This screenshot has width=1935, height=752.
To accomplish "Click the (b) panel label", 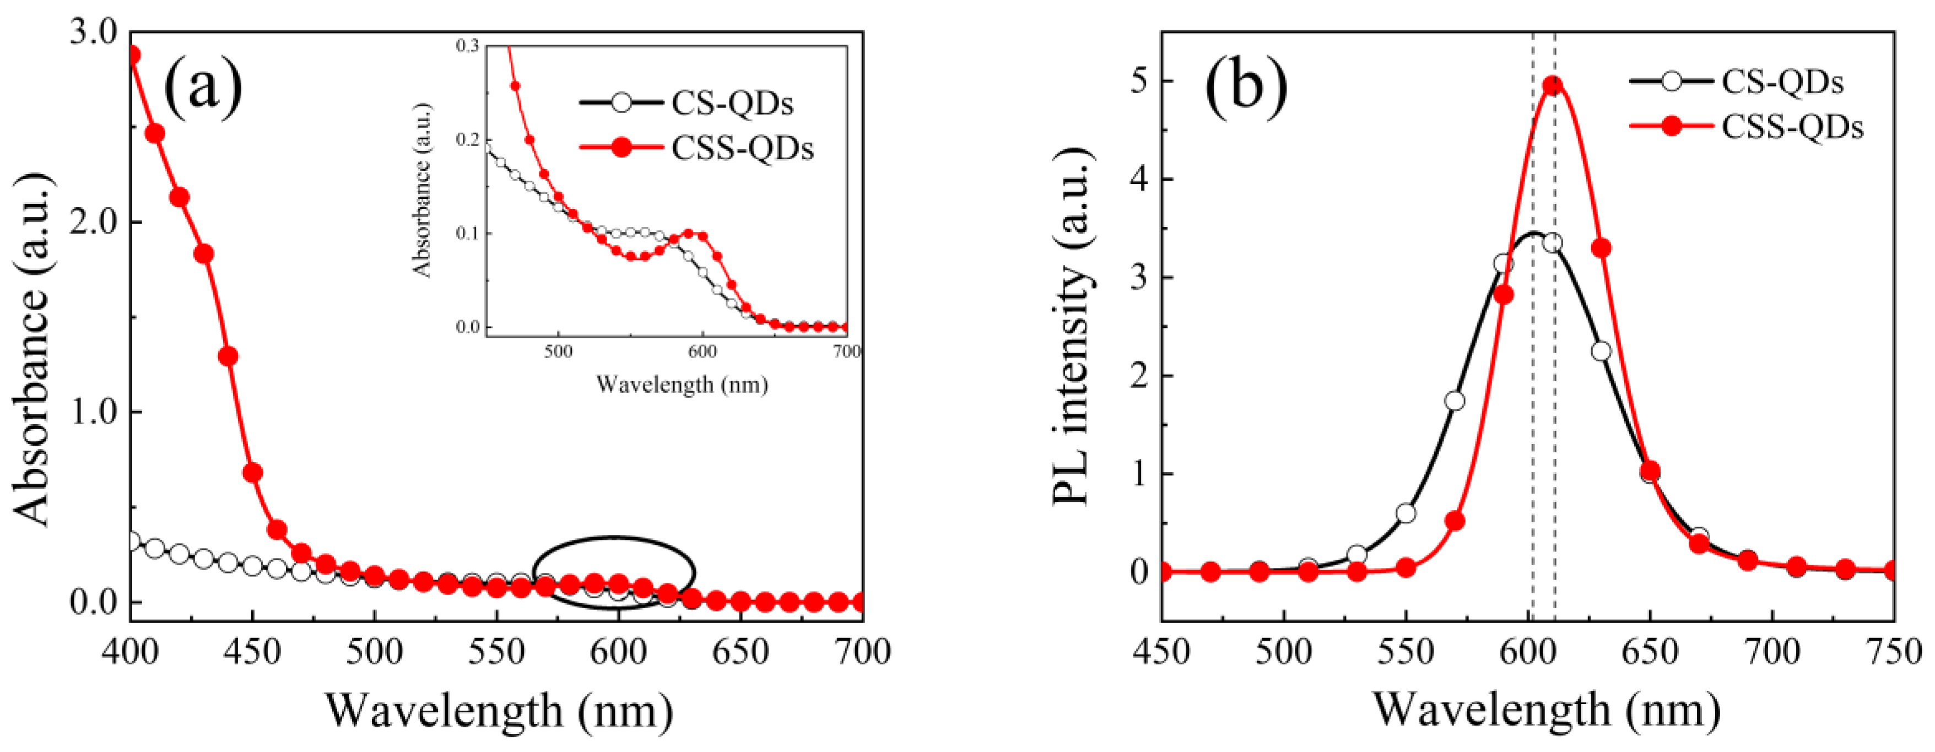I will (x=1246, y=88).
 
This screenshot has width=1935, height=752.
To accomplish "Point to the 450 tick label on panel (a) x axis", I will (x=252, y=652).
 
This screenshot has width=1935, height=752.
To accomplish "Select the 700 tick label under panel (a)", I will (x=862, y=652).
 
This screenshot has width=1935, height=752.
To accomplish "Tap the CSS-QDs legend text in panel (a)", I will (x=742, y=148).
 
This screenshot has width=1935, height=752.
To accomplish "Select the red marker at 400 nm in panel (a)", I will (x=133, y=55).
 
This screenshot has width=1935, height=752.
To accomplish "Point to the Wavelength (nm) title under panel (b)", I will (x=1547, y=710).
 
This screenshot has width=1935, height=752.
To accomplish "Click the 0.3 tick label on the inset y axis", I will (x=467, y=46).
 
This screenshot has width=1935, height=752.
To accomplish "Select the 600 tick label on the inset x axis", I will (x=702, y=351).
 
